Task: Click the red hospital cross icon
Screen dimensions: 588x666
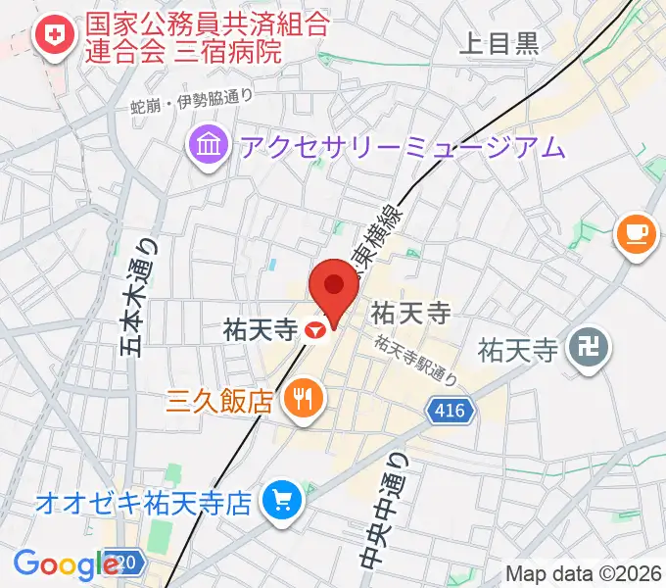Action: (48, 38)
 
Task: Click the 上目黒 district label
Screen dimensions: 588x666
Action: (499, 42)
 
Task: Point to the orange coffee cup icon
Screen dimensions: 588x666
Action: (636, 234)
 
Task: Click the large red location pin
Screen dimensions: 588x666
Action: (334, 288)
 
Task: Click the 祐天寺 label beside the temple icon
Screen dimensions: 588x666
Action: (516, 347)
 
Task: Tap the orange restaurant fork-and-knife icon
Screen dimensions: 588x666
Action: (300, 399)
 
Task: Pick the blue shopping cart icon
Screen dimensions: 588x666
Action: (281, 503)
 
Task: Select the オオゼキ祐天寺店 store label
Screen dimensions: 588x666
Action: (144, 504)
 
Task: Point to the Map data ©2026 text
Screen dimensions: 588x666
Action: (584, 573)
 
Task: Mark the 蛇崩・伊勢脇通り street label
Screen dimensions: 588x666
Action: (192, 103)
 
